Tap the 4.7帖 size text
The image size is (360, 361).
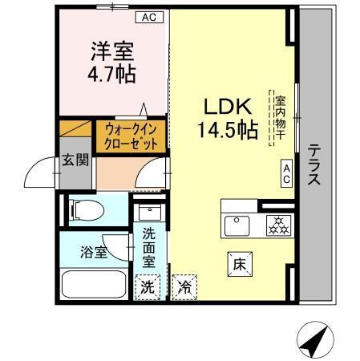click(x=111, y=74)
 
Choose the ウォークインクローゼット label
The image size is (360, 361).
click(x=131, y=136)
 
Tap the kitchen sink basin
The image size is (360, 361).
click(x=237, y=225)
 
